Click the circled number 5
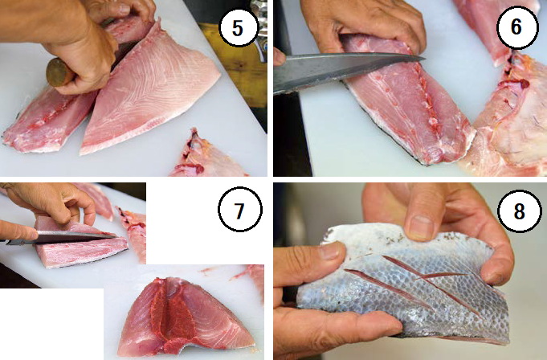pos(239,27)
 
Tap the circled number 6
pos(517,27)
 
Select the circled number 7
pos(239,209)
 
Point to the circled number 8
pos(520,211)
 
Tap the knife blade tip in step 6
pos(423,58)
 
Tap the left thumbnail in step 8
pos(332,251)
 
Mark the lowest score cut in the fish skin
pos(387,286)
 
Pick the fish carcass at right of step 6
pos(506,119)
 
